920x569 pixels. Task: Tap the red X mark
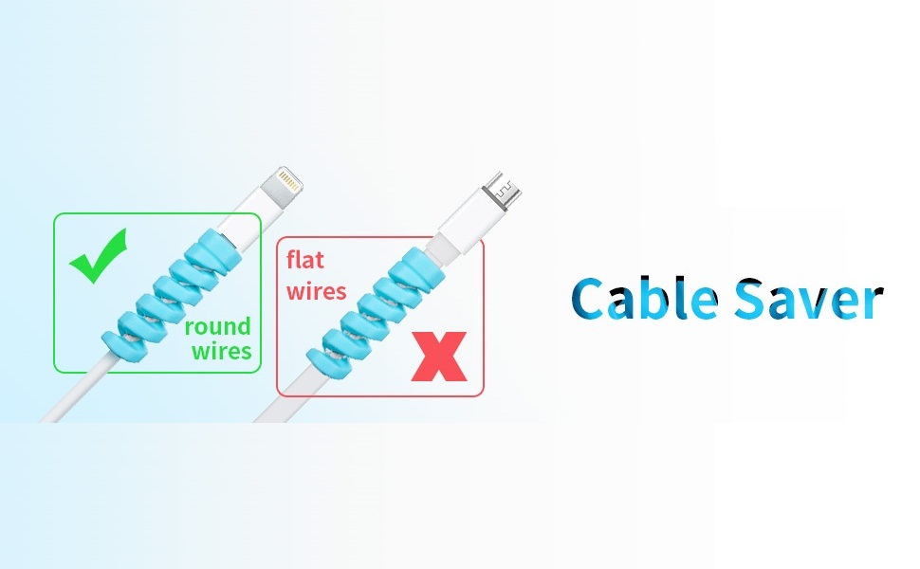coord(437,356)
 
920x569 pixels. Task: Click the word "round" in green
coord(217,327)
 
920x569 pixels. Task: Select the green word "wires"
coord(221,351)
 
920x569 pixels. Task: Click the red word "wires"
coord(317,289)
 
